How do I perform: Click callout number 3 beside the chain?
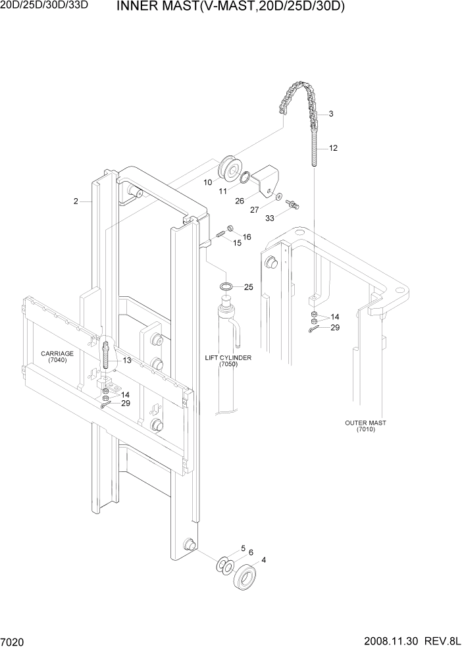pos(330,114)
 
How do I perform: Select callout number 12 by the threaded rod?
pos(333,148)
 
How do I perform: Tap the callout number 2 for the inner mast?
pos(76,201)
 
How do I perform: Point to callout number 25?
pos(248,287)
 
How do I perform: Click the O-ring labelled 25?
pos(226,287)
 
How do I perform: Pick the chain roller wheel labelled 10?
pos(232,169)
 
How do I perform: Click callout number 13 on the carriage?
pos(126,360)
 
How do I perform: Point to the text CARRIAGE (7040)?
pos(57,357)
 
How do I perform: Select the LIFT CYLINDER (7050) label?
pos(229,360)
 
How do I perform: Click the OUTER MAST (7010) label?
pos(365,426)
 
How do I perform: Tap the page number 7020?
pos(13,642)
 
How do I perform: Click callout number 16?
pos(247,236)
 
